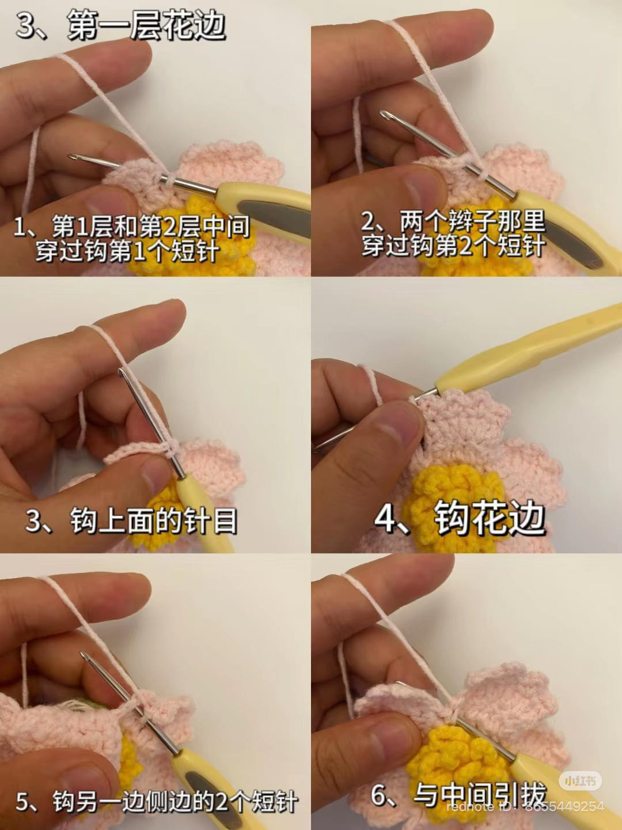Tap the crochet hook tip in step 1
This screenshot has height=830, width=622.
pyautogui.click(x=73, y=157)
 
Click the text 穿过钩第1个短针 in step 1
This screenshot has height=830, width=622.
pyautogui.click(x=127, y=251)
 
